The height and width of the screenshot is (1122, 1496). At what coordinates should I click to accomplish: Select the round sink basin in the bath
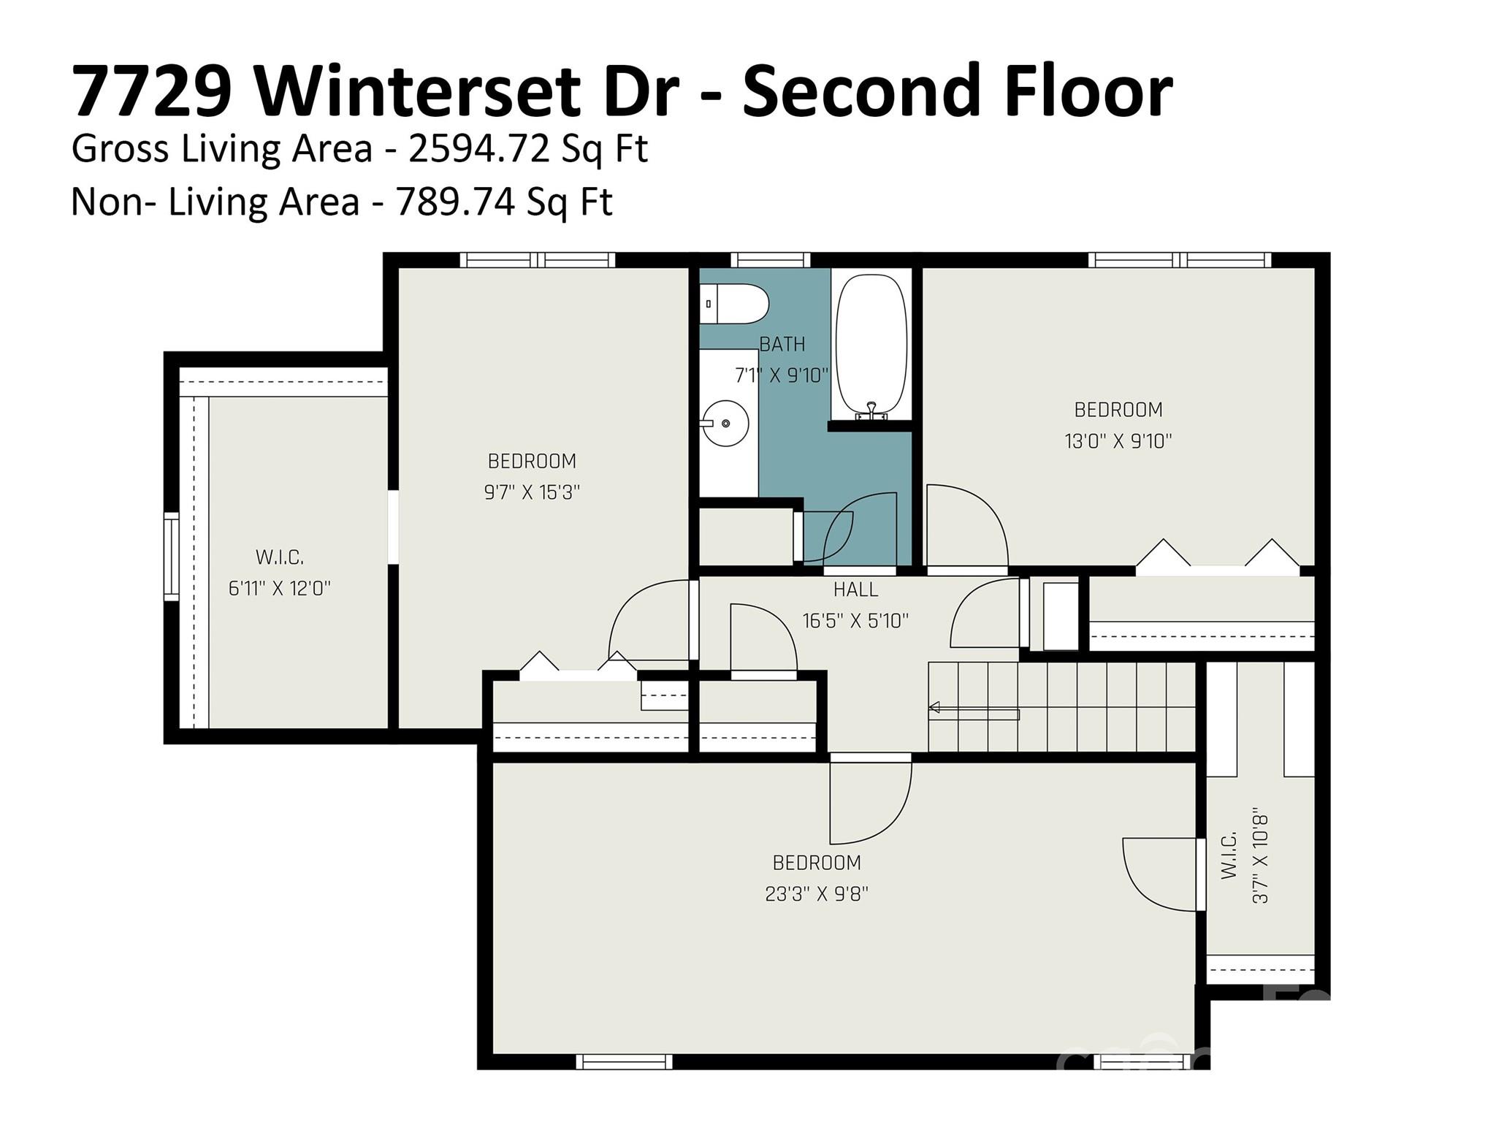(x=726, y=422)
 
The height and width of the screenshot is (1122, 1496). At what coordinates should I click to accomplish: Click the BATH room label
(x=782, y=344)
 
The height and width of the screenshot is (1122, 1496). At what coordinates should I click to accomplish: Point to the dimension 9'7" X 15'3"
(x=532, y=492)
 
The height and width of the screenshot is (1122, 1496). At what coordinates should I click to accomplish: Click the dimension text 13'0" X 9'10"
(x=1118, y=441)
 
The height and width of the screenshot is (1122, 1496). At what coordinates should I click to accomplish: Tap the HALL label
(x=855, y=589)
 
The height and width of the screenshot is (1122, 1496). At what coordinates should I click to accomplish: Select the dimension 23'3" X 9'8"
(x=816, y=894)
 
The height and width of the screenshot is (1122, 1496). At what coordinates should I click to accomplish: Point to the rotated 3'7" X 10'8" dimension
(x=1260, y=855)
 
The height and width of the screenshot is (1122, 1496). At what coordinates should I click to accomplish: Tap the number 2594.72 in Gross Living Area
(x=478, y=149)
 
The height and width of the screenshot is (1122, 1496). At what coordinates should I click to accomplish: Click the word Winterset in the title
(x=465, y=91)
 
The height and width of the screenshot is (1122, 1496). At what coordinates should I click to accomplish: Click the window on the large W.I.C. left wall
(x=171, y=557)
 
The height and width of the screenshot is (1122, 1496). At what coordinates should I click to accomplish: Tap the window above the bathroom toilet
(x=770, y=259)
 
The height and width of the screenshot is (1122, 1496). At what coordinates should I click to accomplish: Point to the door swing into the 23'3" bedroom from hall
(x=869, y=799)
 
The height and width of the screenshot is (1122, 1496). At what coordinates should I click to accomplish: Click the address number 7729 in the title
(x=151, y=91)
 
